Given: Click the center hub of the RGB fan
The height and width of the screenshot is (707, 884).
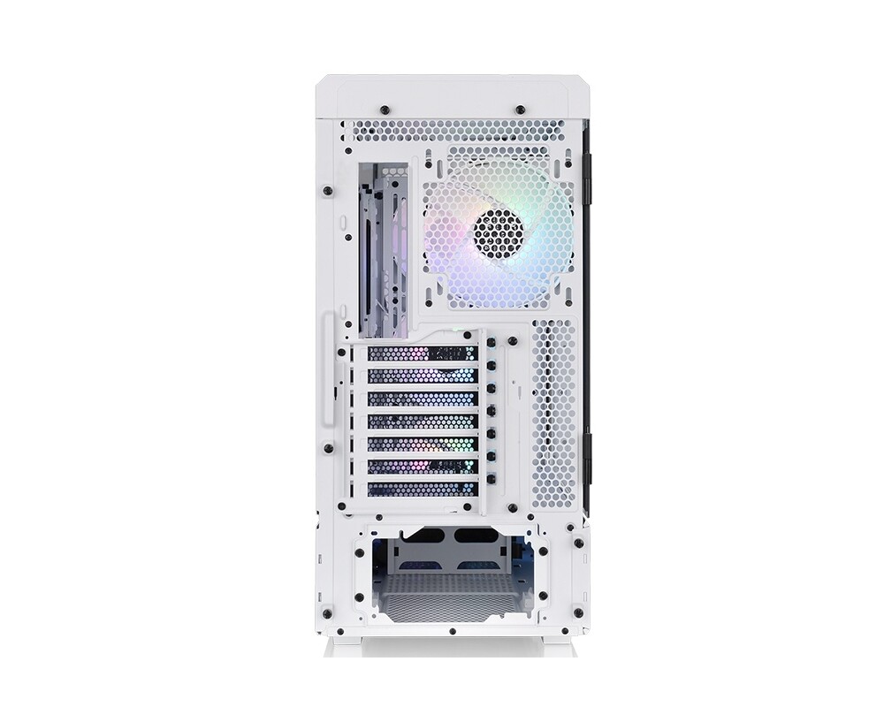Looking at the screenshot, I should (499, 233).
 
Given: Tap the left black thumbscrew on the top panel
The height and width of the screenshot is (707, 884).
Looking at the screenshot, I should (385, 110).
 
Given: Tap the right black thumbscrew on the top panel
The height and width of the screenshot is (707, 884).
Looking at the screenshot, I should (520, 110).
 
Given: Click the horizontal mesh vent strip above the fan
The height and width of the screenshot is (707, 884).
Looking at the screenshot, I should (453, 131).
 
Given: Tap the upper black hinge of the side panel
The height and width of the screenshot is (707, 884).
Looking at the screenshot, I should (587, 172).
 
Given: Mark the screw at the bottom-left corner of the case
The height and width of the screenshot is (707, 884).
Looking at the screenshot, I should (327, 612).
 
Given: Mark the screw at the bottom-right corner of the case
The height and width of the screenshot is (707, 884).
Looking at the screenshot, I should (578, 612).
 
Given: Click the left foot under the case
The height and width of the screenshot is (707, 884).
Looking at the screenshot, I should (341, 647).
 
